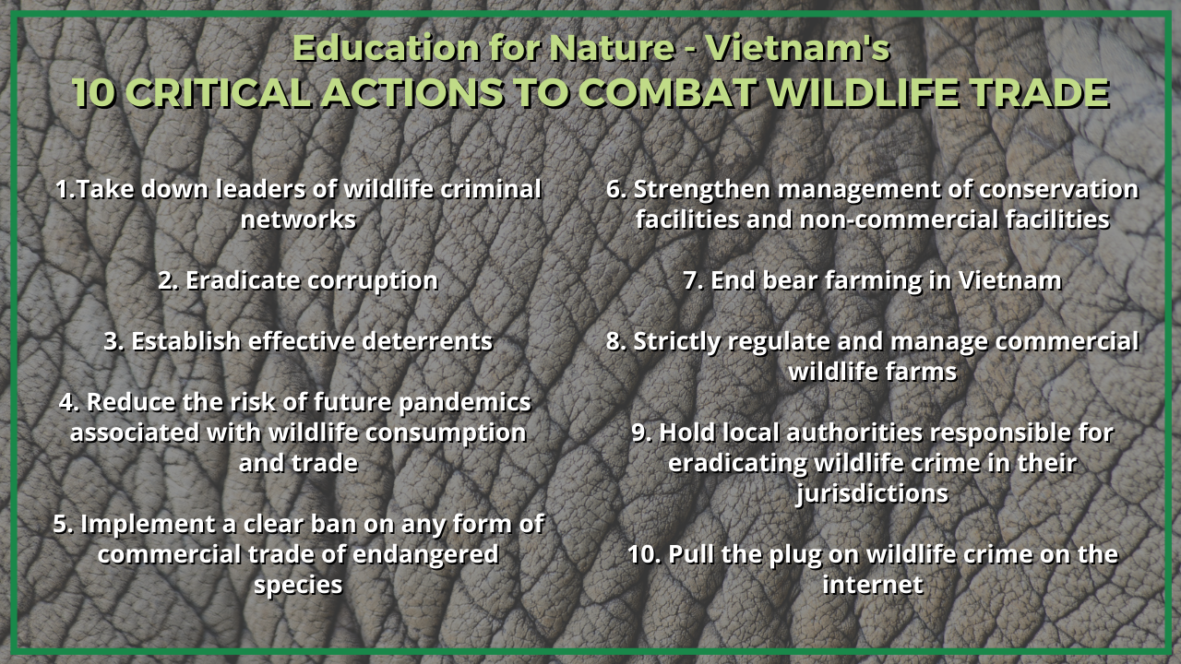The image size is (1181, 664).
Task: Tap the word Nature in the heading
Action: [612, 49]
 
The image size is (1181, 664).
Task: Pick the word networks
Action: [298, 219]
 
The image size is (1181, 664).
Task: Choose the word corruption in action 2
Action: [373, 281]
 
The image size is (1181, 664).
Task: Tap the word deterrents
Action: [427, 341]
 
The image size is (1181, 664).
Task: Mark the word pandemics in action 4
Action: [464, 403]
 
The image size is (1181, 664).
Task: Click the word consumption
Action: [446, 433]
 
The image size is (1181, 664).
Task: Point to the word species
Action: [298, 586]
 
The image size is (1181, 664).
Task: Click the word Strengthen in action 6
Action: [702, 190]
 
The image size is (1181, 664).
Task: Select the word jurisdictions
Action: [872, 494]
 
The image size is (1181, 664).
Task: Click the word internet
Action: [873, 585]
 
